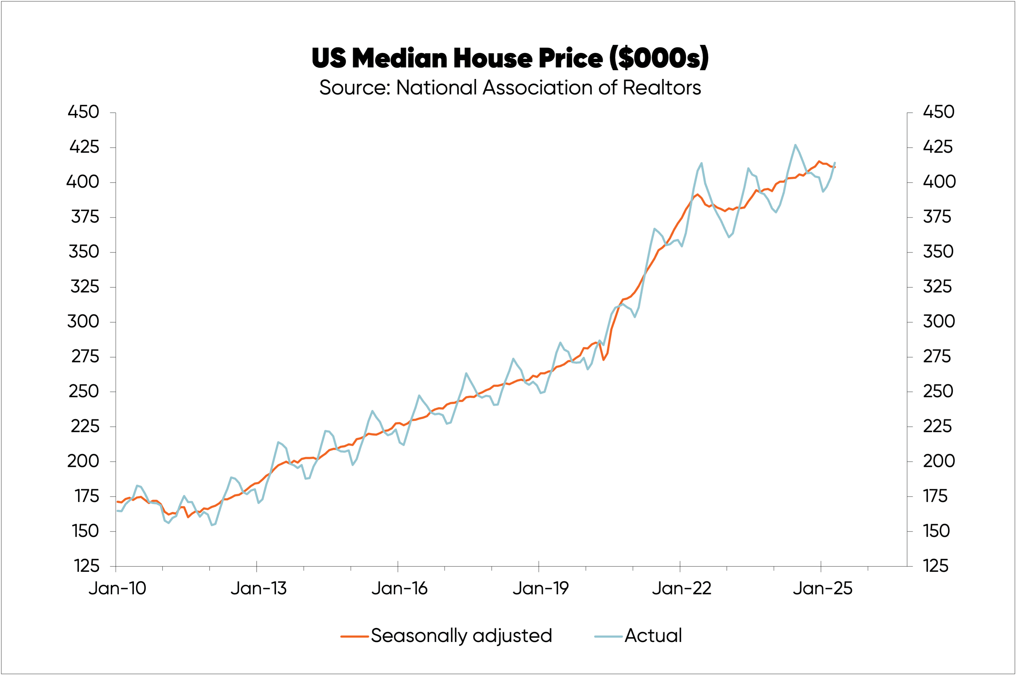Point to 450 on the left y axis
coord(83,112)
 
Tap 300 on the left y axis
coord(83,322)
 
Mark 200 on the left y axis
coord(83,461)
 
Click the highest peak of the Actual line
coord(795,145)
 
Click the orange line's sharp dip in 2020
coord(604,360)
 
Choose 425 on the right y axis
coord(937,147)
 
